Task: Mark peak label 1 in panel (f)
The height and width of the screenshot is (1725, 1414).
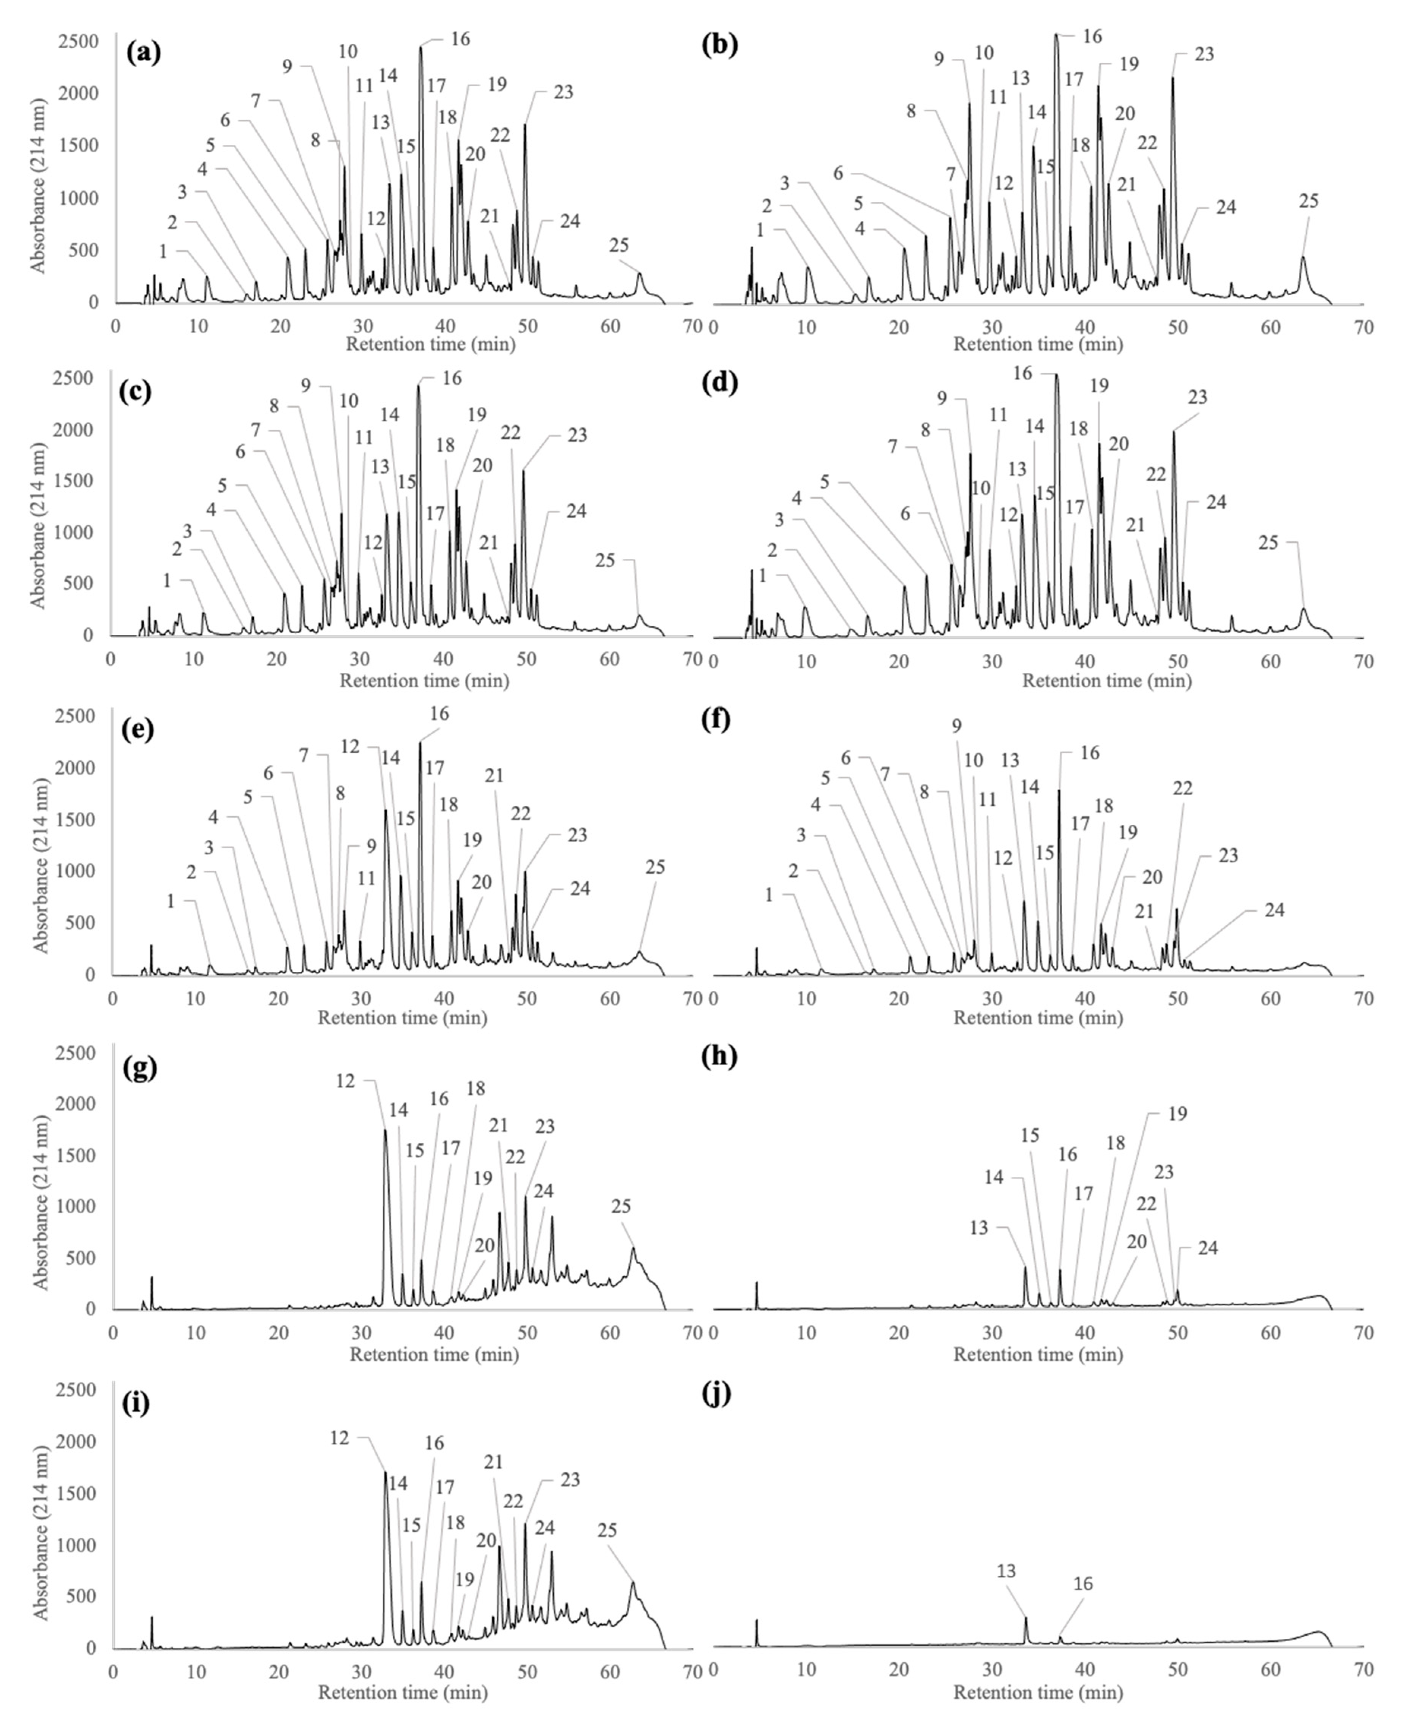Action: pos(768,896)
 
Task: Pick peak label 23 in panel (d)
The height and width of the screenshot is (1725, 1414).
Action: pos(1198,397)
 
